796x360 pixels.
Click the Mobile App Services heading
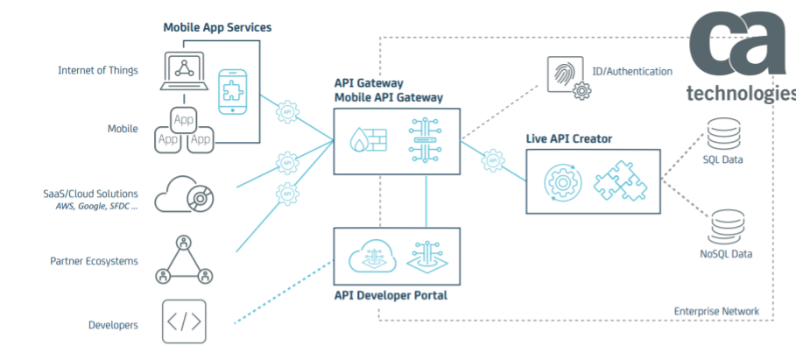[217, 27]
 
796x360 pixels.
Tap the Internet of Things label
[97, 70]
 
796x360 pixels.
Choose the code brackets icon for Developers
[184, 321]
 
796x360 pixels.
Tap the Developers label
[113, 325]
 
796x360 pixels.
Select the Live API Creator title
[568, 138]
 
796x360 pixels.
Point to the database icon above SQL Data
[723, 132]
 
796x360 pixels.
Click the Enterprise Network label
[716, 312]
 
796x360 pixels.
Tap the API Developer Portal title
[391, 295]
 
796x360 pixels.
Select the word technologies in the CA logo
[740, 93]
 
